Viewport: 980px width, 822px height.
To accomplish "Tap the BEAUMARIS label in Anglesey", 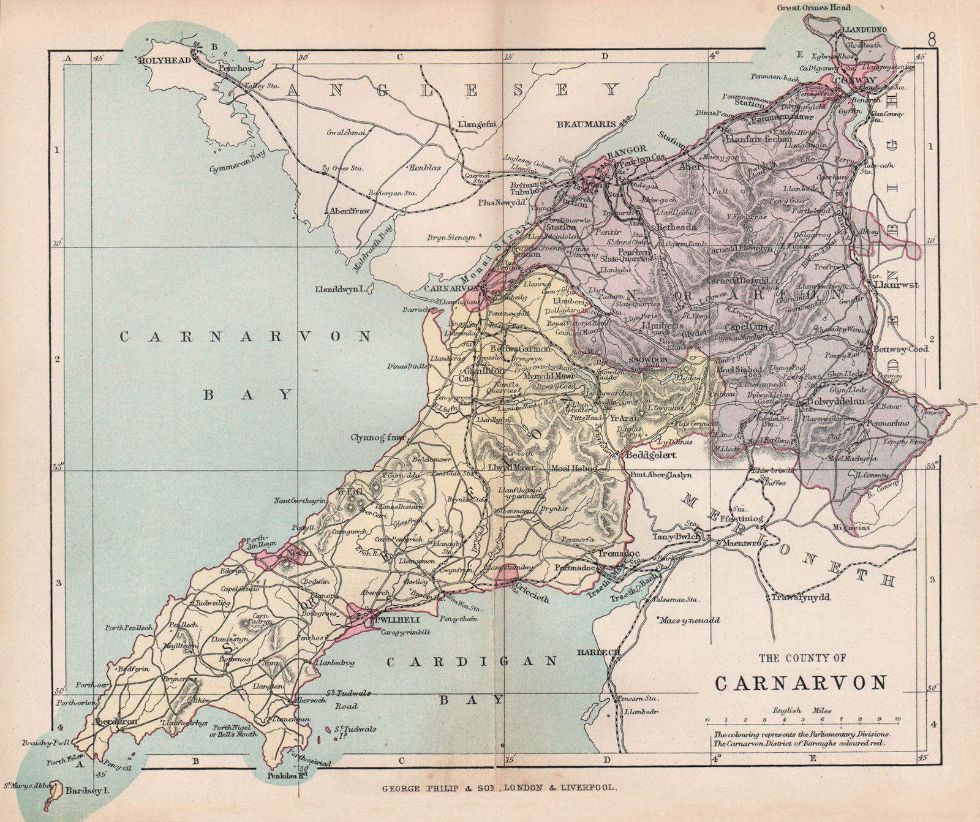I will click(586, 124).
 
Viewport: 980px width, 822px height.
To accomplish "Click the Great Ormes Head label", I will click(806, 8).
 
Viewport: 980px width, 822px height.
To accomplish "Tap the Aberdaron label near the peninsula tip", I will click(115, 722).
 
